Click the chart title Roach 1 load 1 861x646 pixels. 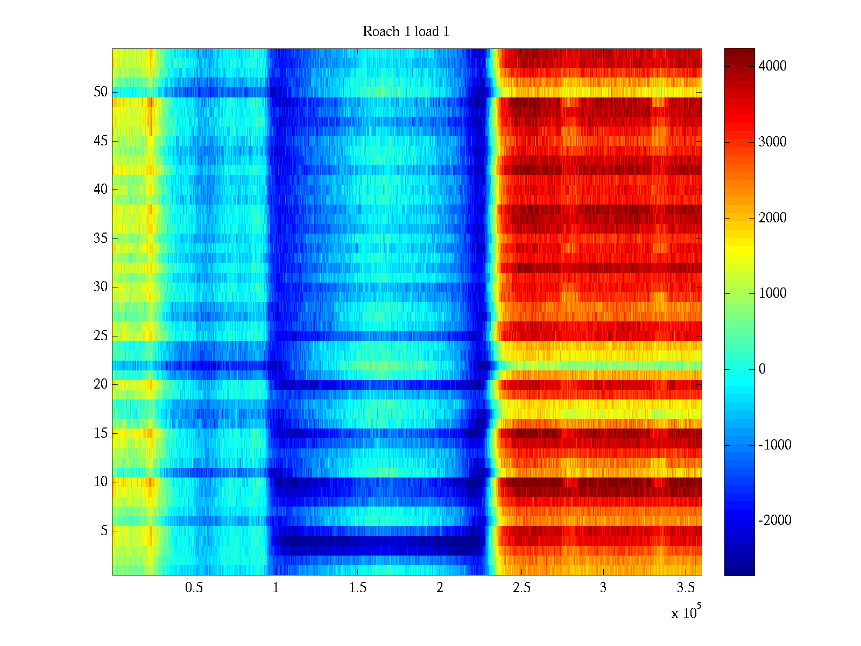tap(406, 31)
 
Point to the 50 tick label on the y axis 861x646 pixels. tap(101, 92)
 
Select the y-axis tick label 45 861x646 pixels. tap(101, 141)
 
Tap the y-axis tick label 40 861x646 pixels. tap(101, 189)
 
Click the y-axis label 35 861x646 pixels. tap(101, 238)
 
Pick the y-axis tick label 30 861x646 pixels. tap(101, 287)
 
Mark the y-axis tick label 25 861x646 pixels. tap(101, 336)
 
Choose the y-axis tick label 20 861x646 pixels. tap(101, 384)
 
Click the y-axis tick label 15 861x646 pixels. tap(101, 433)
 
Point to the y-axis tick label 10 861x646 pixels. tap(101, 482)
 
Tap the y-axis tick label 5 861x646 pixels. tap(104, 531)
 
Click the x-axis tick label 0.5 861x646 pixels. tap(194, 587)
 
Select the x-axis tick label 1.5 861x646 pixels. tap(357, 587)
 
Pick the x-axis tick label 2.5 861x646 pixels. tap(521, 587)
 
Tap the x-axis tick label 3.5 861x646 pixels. tap(685, 587)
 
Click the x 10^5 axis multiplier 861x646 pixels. tap(686, 612)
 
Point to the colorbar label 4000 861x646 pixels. tap(772, 66)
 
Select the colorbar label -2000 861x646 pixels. tap(775, 520)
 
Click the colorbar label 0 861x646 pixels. tap(762, 369)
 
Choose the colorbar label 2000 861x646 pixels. tap(772, 217)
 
